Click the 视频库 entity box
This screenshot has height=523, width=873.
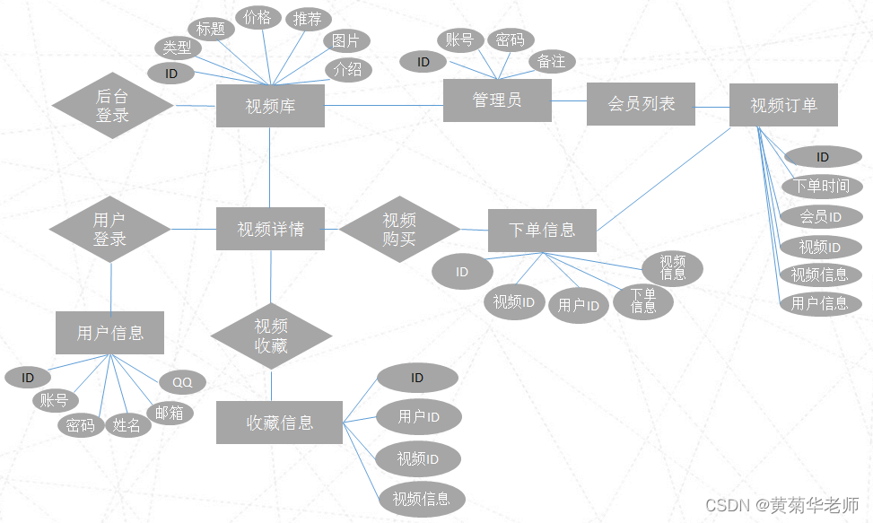pos(270,106)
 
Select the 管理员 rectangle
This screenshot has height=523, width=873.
pos(497,100)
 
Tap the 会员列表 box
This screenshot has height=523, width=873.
pos(641,104)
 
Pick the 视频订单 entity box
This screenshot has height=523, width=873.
pos(783,105)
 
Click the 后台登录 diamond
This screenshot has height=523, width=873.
pos(112,105)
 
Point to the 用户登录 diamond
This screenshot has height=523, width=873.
pos(109,229)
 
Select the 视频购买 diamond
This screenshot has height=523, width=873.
pos(399,230)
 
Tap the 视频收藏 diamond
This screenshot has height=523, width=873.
pos(271,336)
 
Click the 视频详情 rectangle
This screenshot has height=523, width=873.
pos(270,230)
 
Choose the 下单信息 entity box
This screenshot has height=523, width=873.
pos(542,230)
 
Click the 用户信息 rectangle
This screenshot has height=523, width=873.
pos(110,333)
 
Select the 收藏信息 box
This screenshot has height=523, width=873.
pos(279,422)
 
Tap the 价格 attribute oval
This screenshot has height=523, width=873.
pos(258,17)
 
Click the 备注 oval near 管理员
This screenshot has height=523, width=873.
pos(552,61)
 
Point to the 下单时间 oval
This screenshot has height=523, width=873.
pos(823,187)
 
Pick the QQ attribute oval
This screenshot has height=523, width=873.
pos(182,382)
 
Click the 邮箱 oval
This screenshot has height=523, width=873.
pos(169,413)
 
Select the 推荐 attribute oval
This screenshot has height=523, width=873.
pos(308,19)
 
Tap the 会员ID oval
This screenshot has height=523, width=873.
pos(821,217)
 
